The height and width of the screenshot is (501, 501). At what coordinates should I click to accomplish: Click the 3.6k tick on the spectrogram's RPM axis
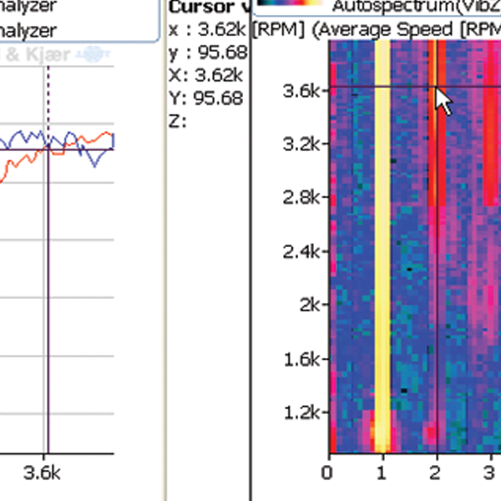pos(299,89)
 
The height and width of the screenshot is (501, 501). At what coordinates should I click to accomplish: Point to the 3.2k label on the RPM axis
pos(299,143)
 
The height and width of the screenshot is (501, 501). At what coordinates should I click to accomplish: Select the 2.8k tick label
pos(299,197)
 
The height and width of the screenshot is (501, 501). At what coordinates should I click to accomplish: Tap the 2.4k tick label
pos(299,251)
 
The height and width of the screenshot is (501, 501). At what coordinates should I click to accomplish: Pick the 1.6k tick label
pos(299,359)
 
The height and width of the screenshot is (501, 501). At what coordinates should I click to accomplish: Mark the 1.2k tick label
pos(299,412)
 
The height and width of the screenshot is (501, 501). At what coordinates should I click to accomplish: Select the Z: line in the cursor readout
pos(175,120)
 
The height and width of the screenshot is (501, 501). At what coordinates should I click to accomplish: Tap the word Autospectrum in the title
pos(377,7)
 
